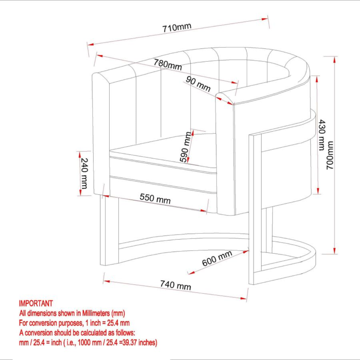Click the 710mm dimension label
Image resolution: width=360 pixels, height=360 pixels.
177,28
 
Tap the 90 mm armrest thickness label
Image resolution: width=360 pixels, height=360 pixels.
198,84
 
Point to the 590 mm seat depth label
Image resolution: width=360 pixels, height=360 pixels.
186,147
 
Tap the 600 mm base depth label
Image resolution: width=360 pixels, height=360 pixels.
217,258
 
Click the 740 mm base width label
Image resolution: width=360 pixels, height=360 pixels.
175,285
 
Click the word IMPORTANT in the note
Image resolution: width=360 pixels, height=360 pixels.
36,304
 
